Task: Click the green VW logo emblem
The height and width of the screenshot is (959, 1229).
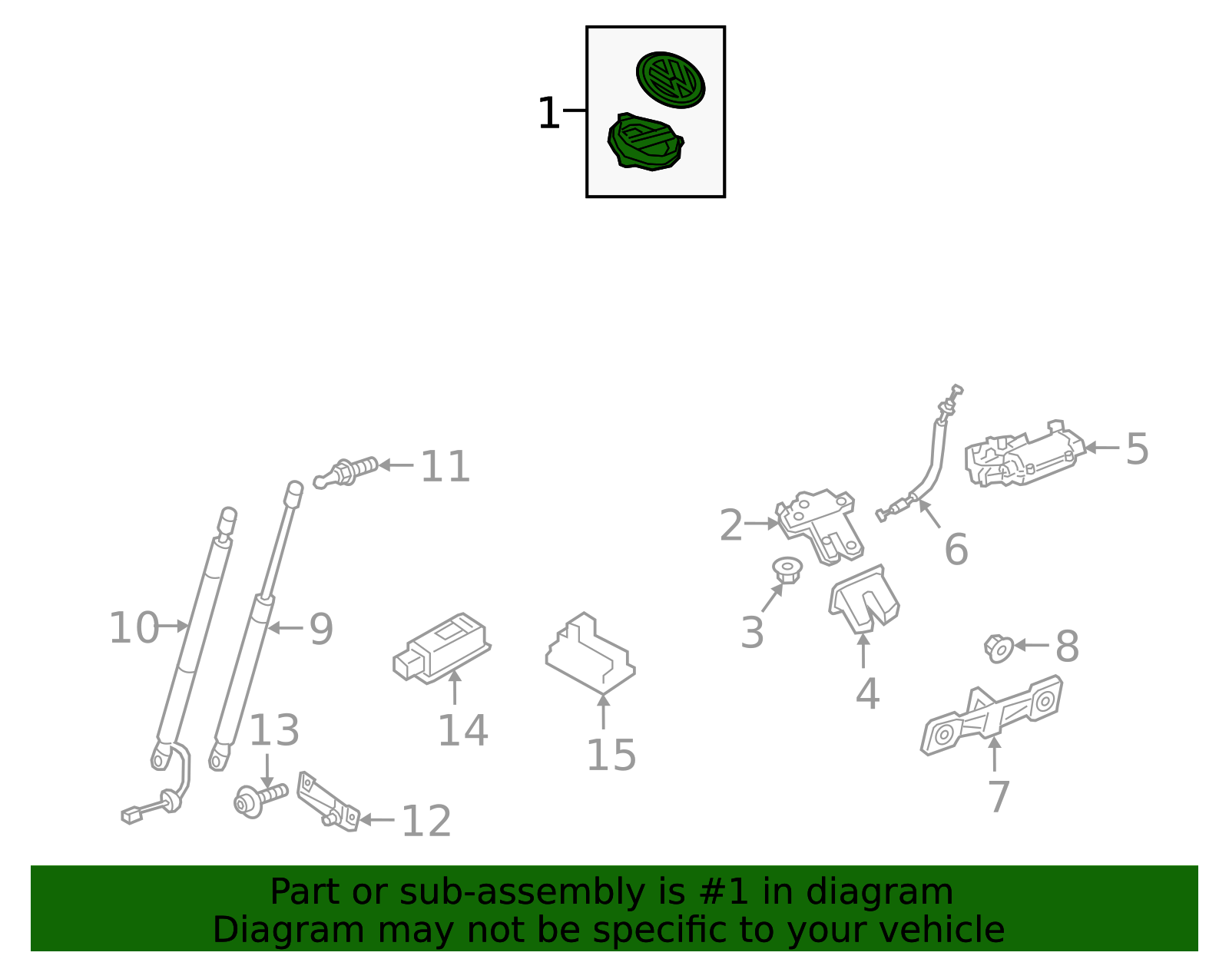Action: tap(671, 79)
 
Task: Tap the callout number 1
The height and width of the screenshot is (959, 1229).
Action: tap(548, 114)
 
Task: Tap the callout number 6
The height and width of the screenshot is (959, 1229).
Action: tap(956, 550)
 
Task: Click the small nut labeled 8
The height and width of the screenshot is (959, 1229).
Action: tap(999, 649)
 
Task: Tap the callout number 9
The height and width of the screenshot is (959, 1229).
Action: tap(321, 629)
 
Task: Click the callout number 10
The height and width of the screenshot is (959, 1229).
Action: tap(133, 627)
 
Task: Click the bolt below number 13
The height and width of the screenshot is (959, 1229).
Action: tap(260, 800)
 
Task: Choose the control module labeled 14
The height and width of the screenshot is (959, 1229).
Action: tap(442, 646)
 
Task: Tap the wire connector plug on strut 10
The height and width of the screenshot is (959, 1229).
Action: tap(132, 815)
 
